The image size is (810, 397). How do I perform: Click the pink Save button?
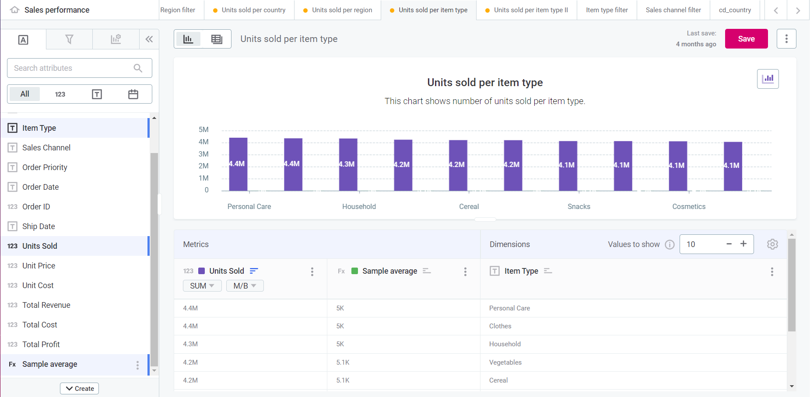tap(746, 39)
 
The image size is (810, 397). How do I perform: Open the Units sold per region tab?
tap(342, 10)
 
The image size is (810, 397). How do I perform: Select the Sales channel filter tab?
tap(673, 10)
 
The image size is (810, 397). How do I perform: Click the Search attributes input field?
tap(72, 68)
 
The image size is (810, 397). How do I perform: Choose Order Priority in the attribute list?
tap(45, 167)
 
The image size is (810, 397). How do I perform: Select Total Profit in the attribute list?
tap(41, 345)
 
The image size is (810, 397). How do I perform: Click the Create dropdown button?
tap(80, 388)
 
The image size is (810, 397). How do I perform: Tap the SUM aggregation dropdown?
tap(202, 286)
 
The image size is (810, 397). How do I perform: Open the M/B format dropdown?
tap(244, 286)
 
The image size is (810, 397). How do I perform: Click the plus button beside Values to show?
tap(743, 244)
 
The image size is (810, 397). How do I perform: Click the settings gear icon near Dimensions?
tap(772, 244)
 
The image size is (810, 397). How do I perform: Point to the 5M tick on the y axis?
tap(203, 130)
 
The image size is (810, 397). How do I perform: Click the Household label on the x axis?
tap(359, 207)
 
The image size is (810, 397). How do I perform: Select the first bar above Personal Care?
tap(238, 164)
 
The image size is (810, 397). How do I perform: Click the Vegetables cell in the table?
tap(505, 362)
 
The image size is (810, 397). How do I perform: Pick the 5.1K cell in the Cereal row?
tap(343, 380)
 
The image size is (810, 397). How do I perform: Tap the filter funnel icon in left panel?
tap(69, 39)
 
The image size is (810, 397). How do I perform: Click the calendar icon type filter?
tap(133, 94)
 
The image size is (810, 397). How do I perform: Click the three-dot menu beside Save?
tap(786, 39)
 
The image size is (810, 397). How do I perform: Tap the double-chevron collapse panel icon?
tap(149, 39)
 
